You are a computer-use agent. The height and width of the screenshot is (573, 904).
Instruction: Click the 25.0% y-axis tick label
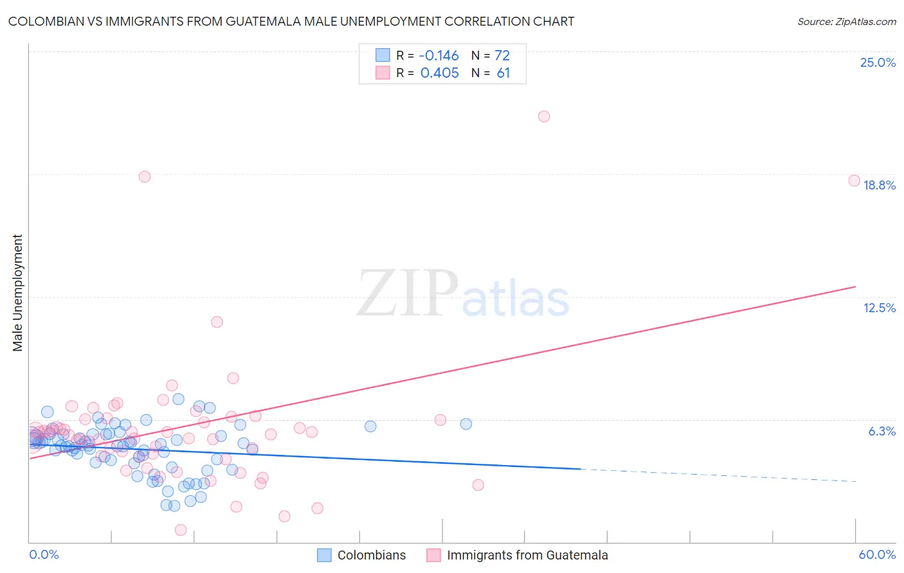[878, 62]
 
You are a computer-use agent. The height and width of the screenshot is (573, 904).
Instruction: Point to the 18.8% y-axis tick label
[879, 185]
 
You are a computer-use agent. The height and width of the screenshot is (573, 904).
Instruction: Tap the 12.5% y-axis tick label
[879, 308]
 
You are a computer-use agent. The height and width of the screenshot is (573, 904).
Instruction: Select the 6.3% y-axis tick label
[881, 431]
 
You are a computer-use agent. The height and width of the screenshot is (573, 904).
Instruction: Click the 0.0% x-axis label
[44, 554]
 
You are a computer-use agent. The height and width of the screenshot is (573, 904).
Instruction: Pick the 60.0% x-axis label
[877, 554]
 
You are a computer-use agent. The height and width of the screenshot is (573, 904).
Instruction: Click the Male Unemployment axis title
[17, 293]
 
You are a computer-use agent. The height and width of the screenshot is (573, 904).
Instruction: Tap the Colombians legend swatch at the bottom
[325, 555]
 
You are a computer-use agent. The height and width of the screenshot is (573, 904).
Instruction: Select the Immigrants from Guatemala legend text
[527, 555]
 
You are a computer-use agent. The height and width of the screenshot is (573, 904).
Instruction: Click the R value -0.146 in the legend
[439, 55]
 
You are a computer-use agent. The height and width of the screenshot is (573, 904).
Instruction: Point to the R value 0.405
[439, 73]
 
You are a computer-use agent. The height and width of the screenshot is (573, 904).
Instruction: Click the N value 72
[502, 55]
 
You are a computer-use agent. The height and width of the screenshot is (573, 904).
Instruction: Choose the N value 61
[503, 73]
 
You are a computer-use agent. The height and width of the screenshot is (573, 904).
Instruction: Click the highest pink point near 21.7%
[544, 116]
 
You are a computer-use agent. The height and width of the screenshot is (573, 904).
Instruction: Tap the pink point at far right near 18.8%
[854, 181]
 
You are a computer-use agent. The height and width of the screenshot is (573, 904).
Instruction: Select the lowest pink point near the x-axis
[181, 530]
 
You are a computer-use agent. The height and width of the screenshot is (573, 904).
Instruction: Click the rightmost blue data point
[466, 424]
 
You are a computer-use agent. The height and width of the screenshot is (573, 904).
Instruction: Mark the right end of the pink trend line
[855, 286]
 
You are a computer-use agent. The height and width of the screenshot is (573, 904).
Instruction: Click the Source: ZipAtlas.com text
[846, 22]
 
